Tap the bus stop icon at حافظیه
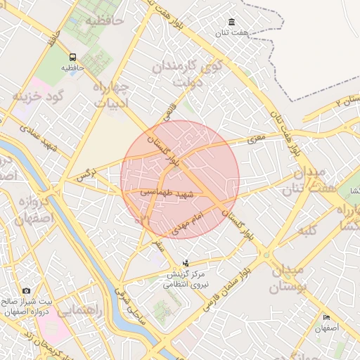point(72,57)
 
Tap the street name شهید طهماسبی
point(161,191)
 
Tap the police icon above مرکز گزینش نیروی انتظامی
point(185,263)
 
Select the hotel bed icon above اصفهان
point(326,318)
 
